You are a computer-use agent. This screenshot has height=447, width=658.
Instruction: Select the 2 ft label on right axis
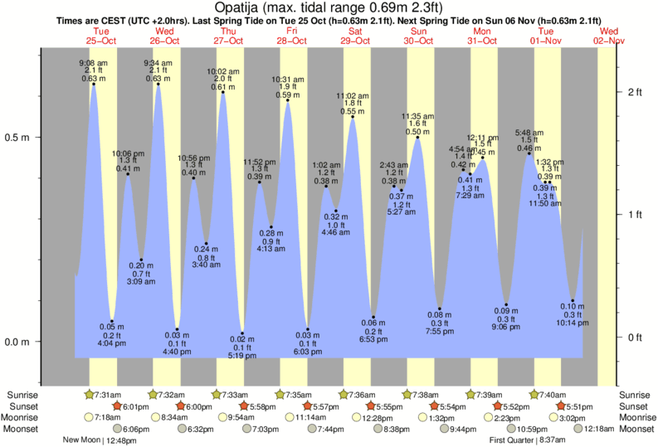point(635,91)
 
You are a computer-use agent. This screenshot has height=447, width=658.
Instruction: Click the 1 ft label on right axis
point(635,215)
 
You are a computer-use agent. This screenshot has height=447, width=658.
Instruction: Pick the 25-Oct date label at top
point(101,39)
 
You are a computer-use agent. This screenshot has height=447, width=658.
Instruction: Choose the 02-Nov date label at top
point(609,39)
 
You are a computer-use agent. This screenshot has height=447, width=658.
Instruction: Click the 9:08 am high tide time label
point(93,63)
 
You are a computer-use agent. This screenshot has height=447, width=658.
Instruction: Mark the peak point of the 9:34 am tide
point(158,84)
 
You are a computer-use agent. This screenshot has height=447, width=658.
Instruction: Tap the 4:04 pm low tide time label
point(112,342)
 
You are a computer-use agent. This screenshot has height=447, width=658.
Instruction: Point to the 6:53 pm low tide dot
point(373,317)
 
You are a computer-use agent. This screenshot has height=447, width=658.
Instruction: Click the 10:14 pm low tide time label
point(573,324)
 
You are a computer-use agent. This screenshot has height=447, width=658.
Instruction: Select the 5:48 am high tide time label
point(529,133)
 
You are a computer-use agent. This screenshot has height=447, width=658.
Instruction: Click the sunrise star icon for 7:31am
point(89,394)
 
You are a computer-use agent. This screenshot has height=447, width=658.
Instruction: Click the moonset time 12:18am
point(604,429)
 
